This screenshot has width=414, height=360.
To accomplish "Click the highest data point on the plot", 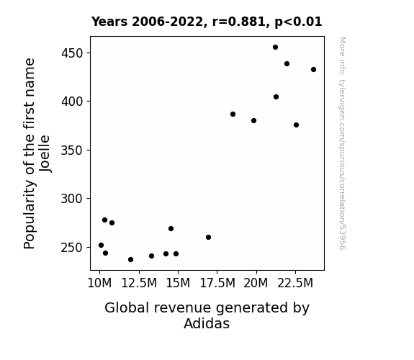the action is tap(275, 48).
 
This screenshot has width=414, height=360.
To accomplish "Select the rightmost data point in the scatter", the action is tap(313, 69).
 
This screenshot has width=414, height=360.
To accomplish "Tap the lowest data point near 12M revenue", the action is tap(130, 259).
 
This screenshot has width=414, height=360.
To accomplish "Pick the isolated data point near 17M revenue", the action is tap(208, 237).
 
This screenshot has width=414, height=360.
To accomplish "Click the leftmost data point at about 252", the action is tap(101, 245).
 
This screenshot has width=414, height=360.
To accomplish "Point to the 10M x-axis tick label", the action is tap(99, 283).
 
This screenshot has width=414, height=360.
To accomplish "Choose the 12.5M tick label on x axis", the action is tap(139, 283).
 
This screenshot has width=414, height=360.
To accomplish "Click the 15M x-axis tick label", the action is tap(178, 283).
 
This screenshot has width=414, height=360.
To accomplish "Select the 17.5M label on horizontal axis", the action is tap(217, 283).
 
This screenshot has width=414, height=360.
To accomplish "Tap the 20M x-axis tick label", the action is tap(256, 283).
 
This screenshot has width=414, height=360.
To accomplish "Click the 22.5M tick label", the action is tap(295, 283).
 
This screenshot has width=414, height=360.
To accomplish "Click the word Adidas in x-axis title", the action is tap(207, 323).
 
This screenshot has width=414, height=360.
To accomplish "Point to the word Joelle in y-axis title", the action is tap(45, 153).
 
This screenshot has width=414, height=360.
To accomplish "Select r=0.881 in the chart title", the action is tap(239, 22).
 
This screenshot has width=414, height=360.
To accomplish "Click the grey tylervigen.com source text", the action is tap(342, 143).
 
